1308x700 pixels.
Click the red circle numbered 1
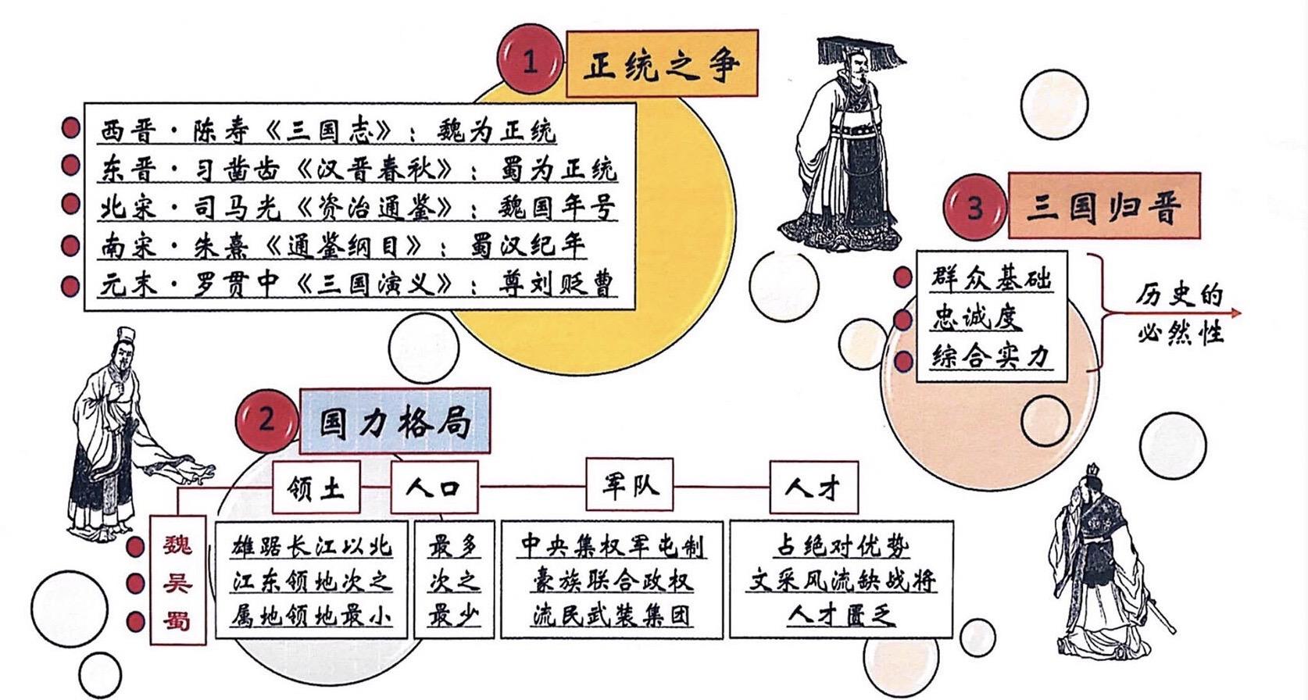coord(531,60)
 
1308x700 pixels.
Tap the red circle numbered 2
coord(267,420)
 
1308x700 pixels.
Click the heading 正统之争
coord(661,64)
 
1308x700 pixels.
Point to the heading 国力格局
coord(395,422)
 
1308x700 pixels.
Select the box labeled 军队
coord(630,485)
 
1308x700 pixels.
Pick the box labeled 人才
coord(813,488)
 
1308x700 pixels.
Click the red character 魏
coord(177,544)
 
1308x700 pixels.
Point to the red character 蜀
coord(177,621)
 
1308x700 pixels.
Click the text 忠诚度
coord(977,317)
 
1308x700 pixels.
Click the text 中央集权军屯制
coord(612,545)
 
